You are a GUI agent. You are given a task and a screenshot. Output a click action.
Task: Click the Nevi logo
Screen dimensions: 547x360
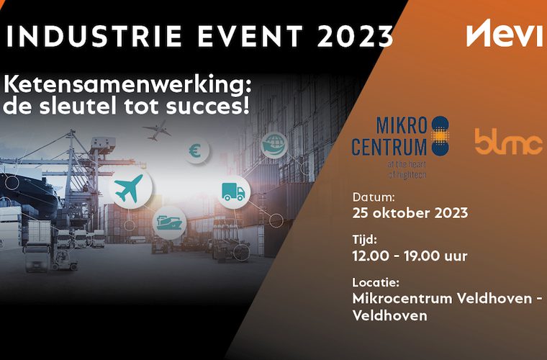505,33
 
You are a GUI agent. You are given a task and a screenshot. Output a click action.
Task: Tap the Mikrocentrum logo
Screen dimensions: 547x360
400,147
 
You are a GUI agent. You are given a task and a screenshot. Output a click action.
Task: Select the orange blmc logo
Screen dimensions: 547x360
509,142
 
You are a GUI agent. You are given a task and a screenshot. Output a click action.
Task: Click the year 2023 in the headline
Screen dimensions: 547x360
356,36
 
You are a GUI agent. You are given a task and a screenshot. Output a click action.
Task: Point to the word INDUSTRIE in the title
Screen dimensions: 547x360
94,36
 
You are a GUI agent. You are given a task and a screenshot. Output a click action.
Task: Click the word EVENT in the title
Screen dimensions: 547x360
250,36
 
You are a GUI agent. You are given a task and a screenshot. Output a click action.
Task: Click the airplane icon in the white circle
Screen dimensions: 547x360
129,189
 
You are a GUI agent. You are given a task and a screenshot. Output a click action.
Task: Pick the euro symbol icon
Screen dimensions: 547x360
196,151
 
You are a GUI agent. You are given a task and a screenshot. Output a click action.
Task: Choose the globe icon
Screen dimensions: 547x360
274,145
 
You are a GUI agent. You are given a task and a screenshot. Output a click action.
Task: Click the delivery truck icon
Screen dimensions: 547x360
233,192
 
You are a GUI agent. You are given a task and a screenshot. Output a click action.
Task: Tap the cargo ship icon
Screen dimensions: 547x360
169,222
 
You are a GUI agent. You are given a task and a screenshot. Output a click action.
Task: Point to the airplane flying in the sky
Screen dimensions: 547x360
157,130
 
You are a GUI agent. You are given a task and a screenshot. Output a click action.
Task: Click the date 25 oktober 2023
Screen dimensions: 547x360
410,213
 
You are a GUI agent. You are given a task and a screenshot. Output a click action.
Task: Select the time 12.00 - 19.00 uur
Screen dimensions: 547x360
410,256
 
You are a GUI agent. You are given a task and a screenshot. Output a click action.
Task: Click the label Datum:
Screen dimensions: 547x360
374,197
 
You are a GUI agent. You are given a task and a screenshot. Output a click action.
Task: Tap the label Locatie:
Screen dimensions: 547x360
376,282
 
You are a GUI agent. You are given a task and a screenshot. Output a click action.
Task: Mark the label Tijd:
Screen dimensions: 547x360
365,240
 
